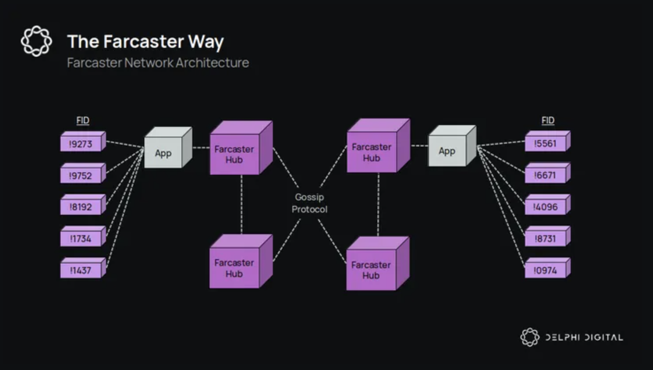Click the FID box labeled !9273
[81, 143]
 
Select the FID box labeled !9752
[81, 175]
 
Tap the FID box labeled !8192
[81, 207]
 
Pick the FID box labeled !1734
[81, 238]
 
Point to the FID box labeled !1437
[81, 270]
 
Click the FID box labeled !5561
[546, 143]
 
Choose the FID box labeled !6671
[546, 175]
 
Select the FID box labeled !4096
[546, 207]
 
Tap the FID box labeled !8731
[546, 238]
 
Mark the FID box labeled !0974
[546, 270]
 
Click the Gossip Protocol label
[309, 203]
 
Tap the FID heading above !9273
[83, 120]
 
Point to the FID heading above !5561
[548, 120]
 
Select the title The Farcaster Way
[146, 42]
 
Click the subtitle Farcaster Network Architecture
[158, 63]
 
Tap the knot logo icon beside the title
[36, 41]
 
